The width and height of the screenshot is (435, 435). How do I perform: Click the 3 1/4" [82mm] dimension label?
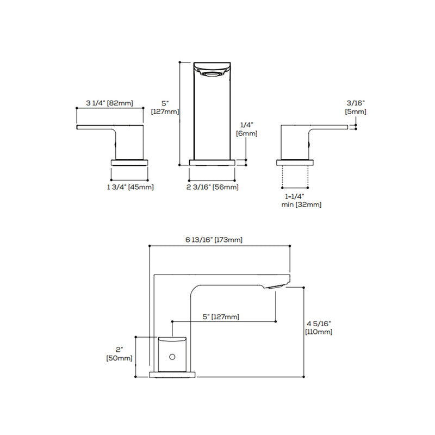click(x=109, y=103)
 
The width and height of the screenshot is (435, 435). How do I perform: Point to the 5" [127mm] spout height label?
click(x=165, y=108)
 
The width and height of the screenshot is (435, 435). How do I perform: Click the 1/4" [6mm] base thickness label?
click(x=247, y=129)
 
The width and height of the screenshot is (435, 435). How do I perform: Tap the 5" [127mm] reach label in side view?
click(x=221, y=316)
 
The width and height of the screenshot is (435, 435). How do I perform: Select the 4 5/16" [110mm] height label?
click(x=319, y=327)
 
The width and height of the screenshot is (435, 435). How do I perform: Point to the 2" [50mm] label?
click(x=120, y=353)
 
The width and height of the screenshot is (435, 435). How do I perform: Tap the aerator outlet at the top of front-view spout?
click(x=212, y=71)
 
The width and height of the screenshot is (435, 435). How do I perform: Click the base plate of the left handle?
click(x=129, y=161)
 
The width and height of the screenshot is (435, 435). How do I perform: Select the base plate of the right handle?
click(x=295, y=161)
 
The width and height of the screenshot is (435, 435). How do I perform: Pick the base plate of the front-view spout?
click(x=212, y=161)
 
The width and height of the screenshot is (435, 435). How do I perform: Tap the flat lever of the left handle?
click(x=95, y=127)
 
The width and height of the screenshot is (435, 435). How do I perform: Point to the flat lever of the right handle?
click(x=329, y=127)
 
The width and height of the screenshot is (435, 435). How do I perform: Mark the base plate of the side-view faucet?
click(x=172, y=374)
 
